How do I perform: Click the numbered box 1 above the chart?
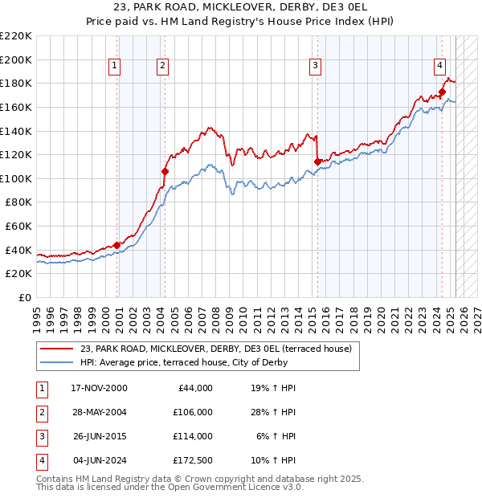pyautogui.click(x=115, y=66)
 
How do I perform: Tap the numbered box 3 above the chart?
pyautogui.click(x=316, y=66)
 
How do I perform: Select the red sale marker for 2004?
pyautogui.click(x=165, y=171)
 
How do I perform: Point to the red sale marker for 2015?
pyautogui.click(x=317, y=161)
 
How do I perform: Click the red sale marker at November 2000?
pyautogui.click(x=117, y=245)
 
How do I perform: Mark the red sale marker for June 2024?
pyautogui.click(x=442, y=92)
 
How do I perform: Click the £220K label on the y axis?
pyautogui.click(x=16, y=36)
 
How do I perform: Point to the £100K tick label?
pyautogui.click(x=16, y=178)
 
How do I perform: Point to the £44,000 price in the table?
pyautogui.click(x=193, y=388)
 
